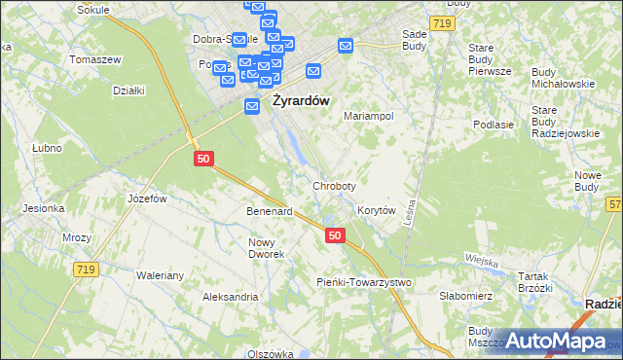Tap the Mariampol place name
(x=369, y=115)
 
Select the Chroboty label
(x=334, y=185)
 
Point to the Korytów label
(x=376, y=210)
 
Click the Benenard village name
(x=270, y=211)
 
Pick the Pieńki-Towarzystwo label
(x=365, y=282)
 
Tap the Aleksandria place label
(x=230, y=297)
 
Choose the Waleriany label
(x=160, y=275)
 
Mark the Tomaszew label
(x=95, y=59)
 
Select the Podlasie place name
(x=493, y=125)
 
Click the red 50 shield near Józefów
(x=202, y=158)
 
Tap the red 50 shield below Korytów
(x=335, y=235)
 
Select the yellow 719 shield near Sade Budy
(x=441, y=20)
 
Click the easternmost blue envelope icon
(x=346, y=45)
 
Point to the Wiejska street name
(x=481, y=261)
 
